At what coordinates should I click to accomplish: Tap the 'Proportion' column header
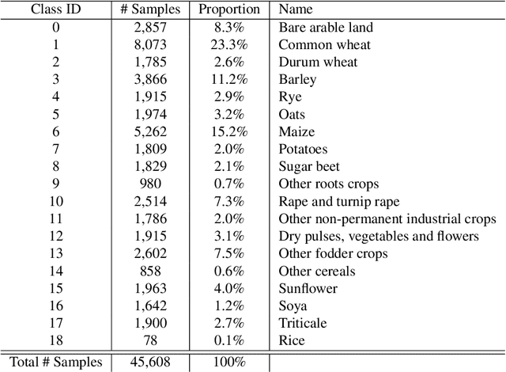pyautogui.click(x=228, y=10)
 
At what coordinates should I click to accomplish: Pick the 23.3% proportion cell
pyautogui.click(x=228, y=45)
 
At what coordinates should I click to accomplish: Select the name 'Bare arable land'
pyautogui.click(x=326, y=28)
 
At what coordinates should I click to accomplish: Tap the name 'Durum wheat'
pyautogui.click(x=317, y=63)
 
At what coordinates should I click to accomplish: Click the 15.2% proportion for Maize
pyautogui.click(x=228, y=132)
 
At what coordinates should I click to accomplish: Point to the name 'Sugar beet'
pyautogui.click(x=309, y=167)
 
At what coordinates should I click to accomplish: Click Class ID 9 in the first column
pyautogui.click(x=56, y=184)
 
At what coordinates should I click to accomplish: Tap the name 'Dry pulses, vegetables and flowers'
pyautogui.click(x=379, y=237)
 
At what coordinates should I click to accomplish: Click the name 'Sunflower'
pyautogui.click(x=308, y=289)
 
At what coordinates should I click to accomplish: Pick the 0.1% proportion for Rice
pyautogui.click(x=228, y=341)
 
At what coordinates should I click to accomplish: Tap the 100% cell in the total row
pyautogui.click(x=228, y=363)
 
